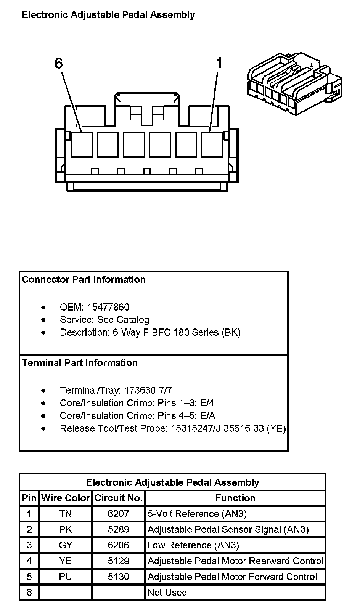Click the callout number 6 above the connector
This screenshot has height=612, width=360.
pos(58,63)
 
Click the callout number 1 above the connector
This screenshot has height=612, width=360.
pos(219,63)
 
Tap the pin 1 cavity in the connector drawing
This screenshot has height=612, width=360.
pos(212,144)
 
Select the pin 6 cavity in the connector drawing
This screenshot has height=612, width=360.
pos(82,144)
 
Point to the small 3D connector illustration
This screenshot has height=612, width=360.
pos(294,84)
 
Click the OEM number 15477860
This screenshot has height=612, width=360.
pos(108,307)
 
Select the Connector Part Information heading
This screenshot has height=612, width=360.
pos(84,279)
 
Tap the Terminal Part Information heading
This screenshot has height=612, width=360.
pos(80,363)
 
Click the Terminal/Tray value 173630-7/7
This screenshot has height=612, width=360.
pos(148,390)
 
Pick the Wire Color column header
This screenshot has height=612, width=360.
pos(66,498)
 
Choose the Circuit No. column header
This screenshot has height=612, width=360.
pos(119,498)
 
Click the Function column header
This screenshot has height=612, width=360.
pos(235,498)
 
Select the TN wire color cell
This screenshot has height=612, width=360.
pos(66,514)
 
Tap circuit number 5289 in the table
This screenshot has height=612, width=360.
pos(119,529)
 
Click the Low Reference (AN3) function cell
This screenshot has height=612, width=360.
pos(193,545)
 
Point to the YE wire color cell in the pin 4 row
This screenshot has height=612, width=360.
pos(66,561)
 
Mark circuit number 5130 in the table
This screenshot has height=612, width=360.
pos(119,577)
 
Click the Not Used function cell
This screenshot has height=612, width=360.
pos(167,593)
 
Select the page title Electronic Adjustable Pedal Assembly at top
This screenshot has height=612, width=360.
pos(108,15)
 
